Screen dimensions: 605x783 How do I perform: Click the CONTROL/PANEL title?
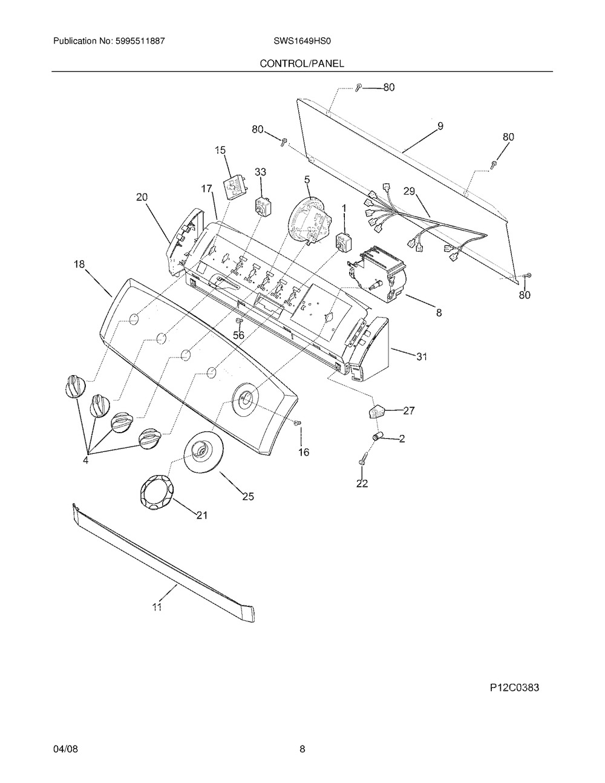tap(302, 64)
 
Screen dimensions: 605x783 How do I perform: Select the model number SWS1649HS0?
tap(302, 41)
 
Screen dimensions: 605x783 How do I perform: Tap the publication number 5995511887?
tap(140, 41)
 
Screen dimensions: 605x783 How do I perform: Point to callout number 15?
tap(220, 150)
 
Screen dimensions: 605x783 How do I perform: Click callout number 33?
tap(260, 172)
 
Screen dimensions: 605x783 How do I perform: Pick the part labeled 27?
tap(376, 411)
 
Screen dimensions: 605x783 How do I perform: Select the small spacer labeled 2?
tap(377, 437)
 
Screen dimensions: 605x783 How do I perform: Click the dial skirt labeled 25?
tap(203, 451)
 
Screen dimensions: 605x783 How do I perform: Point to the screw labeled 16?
tap(298, 423)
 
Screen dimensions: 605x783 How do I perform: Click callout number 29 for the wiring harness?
tap(410, 191)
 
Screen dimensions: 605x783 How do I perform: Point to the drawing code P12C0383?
tap(515, 688)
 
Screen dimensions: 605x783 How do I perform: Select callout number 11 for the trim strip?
tap(157, 607)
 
